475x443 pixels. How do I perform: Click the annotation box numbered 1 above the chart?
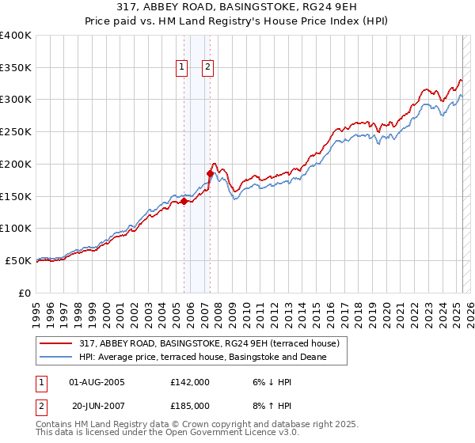(x=183, y=68)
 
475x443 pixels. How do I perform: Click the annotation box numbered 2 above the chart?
(x=207, y=68)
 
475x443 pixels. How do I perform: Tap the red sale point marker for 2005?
(x=184, y=201)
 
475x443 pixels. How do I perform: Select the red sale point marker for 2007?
(x=210, y=173)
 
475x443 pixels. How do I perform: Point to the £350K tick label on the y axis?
(x=16, y=68)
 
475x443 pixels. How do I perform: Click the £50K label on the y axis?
(x=19, y=260)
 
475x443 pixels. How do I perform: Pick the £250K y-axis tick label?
(x=16, y=132)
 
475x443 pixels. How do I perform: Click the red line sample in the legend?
(x=57, y=343)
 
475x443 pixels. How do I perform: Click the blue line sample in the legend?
(x=57, y=357)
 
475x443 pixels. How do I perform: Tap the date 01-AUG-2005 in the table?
(x=97, y=382)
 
